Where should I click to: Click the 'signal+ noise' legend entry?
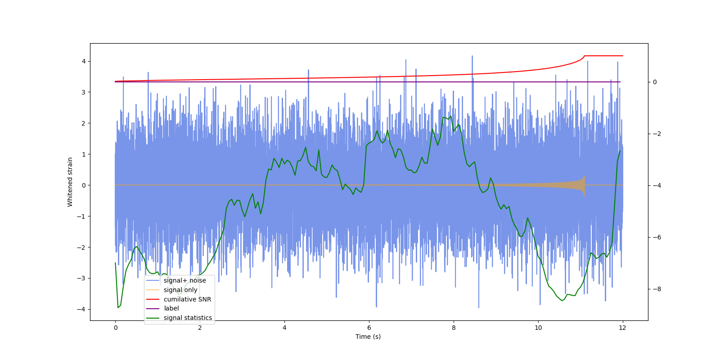(184, 280)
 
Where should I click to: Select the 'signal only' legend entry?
(180, 290)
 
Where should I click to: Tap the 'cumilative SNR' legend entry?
(187, 299)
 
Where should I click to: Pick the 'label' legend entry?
(171, 308)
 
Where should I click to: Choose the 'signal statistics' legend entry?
(188, 318)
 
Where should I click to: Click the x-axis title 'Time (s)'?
(368, 337)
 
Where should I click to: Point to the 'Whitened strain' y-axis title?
(70, 182)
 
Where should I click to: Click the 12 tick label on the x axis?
(622, 328)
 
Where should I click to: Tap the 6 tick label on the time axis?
(369, 328)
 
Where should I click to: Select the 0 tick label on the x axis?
(115, 328)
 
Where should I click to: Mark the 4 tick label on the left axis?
(83, 61)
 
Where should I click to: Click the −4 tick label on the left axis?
(81, 309)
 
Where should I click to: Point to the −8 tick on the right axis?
(657, 289)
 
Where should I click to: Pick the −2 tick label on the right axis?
(657, 134)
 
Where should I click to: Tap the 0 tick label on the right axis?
(655, 82)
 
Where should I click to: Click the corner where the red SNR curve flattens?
(585, 56)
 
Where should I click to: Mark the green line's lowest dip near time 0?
(118, 307)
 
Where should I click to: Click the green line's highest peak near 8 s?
(450, 116)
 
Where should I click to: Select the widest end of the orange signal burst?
(584, 185)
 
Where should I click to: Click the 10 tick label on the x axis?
(538, 328)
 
